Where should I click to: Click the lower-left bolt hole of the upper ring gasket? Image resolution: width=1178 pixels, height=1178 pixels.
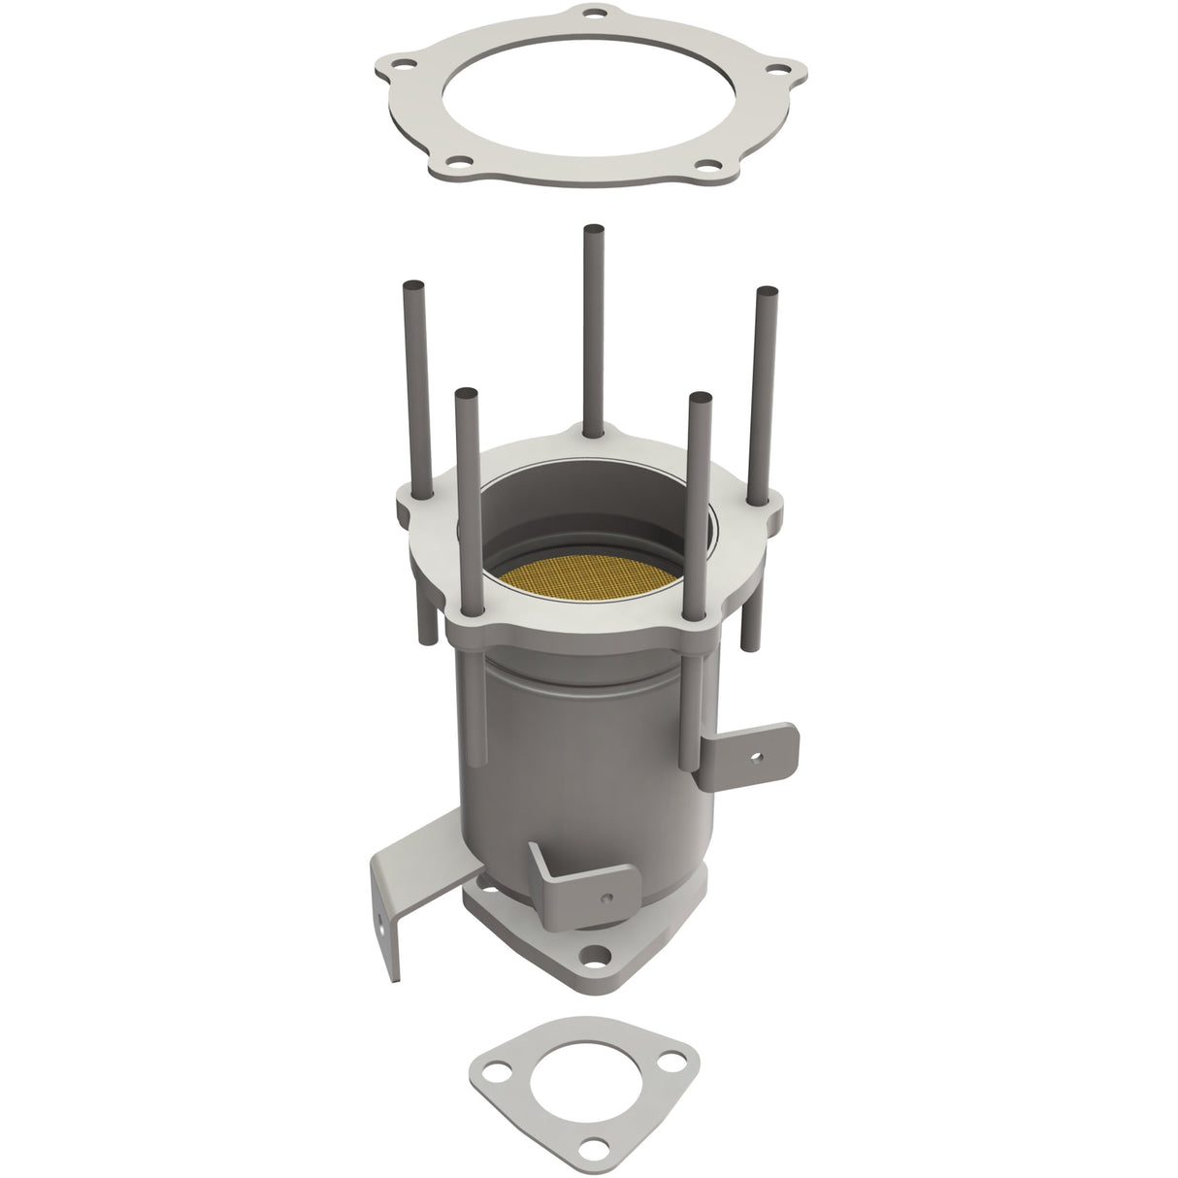[x=464, y=164]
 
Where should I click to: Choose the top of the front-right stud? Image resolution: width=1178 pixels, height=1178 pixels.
[x=697, y=397]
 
